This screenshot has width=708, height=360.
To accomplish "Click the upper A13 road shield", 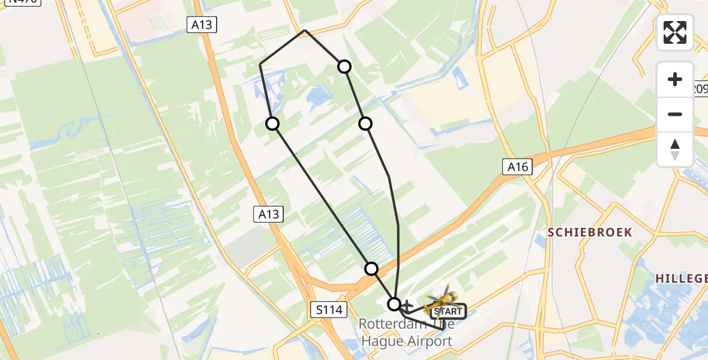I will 201,25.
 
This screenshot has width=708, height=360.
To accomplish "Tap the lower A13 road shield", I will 268,214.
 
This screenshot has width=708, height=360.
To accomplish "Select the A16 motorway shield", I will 517,167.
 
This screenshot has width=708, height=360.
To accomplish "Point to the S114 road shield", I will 329,310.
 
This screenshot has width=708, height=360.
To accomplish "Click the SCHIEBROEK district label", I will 590,232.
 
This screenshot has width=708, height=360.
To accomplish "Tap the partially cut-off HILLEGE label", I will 681,278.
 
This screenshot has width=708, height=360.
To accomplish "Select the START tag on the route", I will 448,311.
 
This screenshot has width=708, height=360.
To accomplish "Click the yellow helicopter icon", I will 442,298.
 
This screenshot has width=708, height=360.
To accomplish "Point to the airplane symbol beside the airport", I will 408,306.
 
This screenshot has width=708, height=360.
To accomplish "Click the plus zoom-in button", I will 675,79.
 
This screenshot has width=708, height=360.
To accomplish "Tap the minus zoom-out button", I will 675,114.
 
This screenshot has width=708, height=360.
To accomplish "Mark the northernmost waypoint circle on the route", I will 344,66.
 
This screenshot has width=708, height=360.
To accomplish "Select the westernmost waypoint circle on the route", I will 272,124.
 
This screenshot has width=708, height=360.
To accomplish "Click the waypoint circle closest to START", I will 394,304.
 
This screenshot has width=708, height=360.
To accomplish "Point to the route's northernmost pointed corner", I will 305,30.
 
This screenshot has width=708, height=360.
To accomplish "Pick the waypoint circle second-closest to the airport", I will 372,269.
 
